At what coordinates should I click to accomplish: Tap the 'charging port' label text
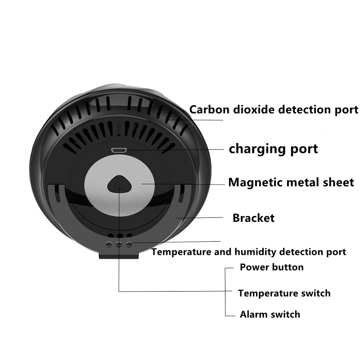point(273,148)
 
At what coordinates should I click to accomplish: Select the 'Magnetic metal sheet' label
point(291,182)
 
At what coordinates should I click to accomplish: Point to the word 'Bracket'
point(253,218)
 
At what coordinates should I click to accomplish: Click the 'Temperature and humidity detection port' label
point(248,252)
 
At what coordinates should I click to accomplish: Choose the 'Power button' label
point(271,267)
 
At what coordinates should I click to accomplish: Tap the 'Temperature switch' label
point(284,293)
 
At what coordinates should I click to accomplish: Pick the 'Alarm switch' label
point(270,314)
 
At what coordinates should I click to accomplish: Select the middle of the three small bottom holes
point(119,244)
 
